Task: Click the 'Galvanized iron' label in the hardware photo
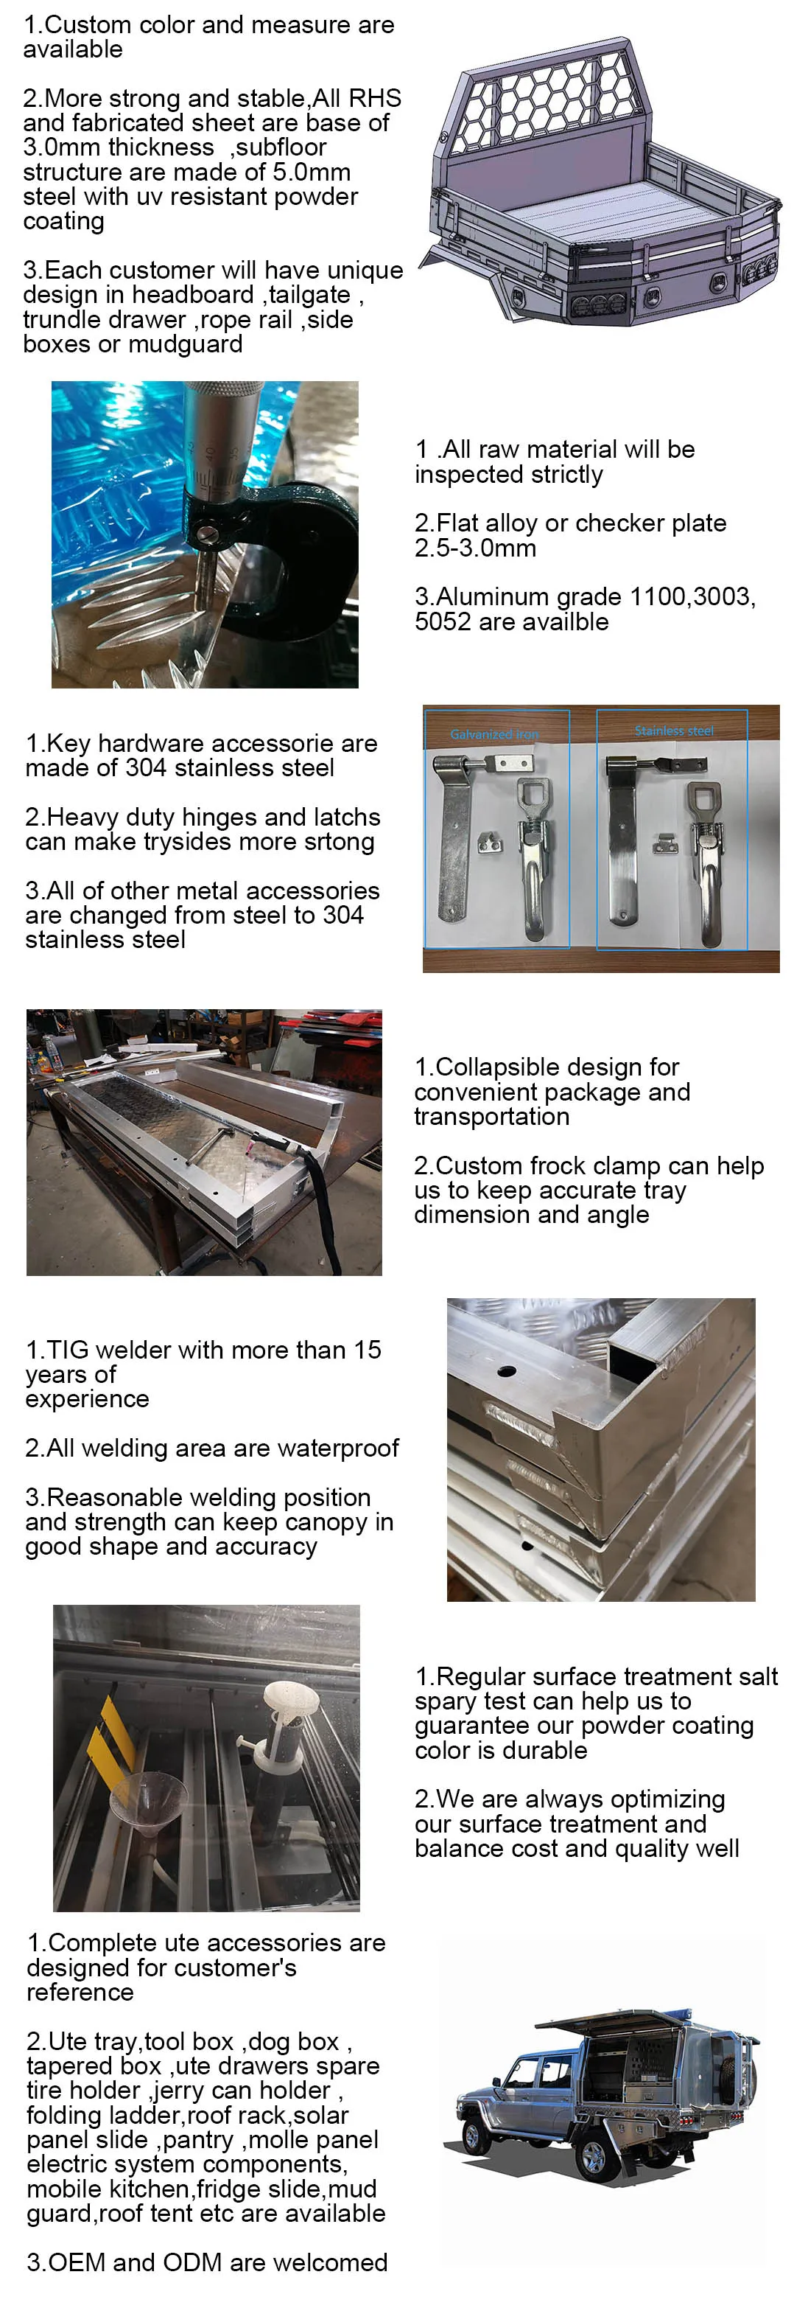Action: coord(494,734)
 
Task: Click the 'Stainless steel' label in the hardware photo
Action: coord(673,731)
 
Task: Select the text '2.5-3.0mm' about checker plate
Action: coord(474,548)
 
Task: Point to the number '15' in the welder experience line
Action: coord(367,1350)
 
